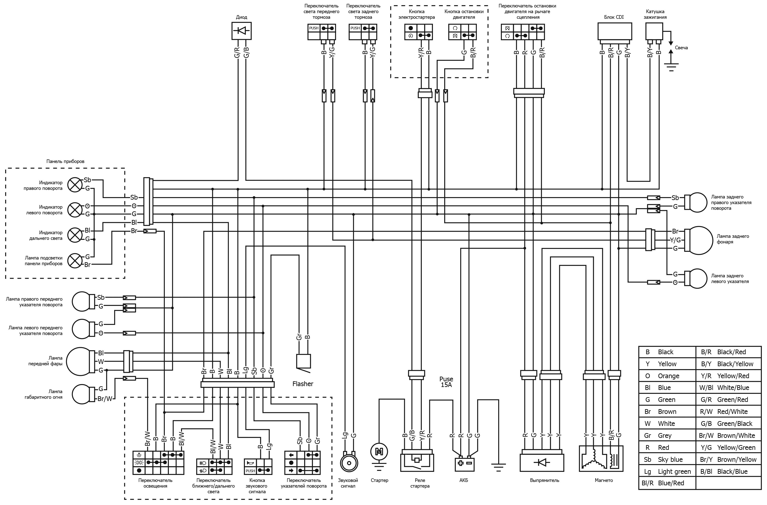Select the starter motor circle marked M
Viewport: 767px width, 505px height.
[379, 452]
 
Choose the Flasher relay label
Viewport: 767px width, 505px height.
[303, 384]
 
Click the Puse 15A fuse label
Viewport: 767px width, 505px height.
[446, 382]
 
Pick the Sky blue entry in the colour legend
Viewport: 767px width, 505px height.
[667, 460]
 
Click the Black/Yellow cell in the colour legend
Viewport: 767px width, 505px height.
[728, 364]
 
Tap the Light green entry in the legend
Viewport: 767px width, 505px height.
[667, 472]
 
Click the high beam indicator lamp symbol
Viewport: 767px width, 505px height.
[75, 235]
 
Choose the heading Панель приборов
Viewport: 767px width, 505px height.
[65, 161]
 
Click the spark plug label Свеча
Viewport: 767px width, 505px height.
[681, 48]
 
